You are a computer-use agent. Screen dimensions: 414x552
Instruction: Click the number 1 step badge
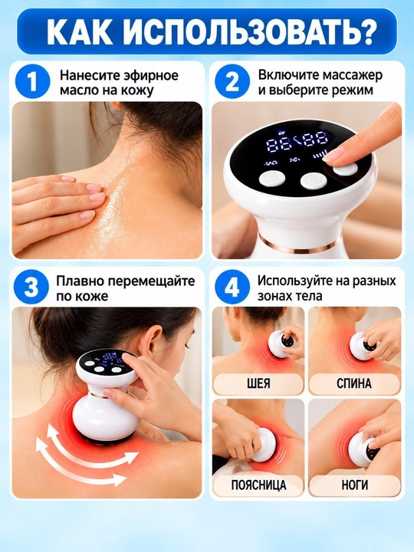tap(32, 81)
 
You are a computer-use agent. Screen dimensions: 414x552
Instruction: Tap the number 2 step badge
tap(232, 81)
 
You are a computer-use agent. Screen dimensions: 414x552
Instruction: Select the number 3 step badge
tap(31, 287)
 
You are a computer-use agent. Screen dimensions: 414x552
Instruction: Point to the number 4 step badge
tap(232, 287)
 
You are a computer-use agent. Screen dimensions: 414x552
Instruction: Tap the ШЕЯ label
tap(259, 384)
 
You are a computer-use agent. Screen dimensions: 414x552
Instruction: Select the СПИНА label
tap(354, 384)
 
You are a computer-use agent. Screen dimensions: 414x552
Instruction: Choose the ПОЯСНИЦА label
tap(259, 485)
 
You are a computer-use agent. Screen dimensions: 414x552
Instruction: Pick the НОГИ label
tap(354, 485)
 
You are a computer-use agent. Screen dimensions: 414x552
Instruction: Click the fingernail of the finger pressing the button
tap(333, 154)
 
